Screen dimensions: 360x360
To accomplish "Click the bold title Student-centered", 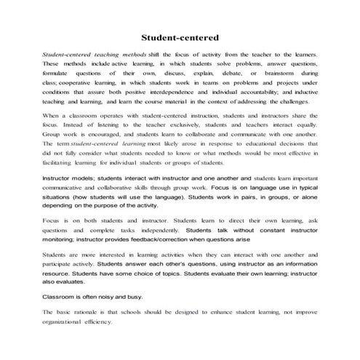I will coord(179,36).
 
